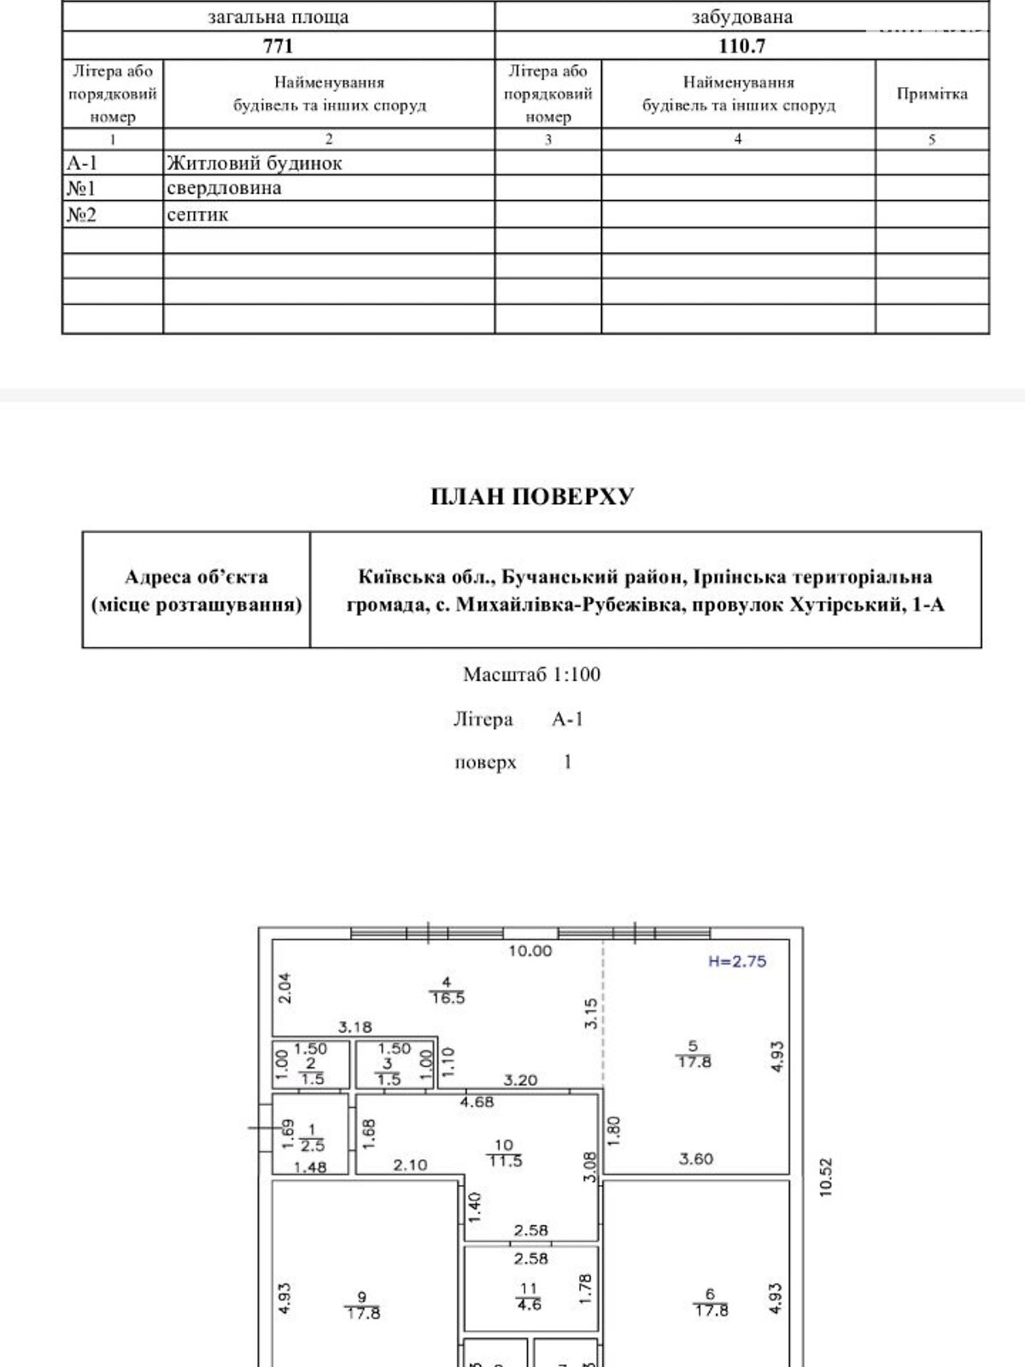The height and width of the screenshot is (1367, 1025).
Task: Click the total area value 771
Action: point(278,45)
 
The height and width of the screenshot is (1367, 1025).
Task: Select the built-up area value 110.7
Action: point(741,45)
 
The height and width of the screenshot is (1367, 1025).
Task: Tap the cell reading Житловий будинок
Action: point(254,162)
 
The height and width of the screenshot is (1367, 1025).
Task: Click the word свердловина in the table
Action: point(224,188)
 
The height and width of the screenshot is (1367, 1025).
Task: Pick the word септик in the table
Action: point(197,214)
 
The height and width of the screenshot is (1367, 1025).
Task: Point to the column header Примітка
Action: point(932,94)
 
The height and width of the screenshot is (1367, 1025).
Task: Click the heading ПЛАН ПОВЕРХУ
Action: point(532,496)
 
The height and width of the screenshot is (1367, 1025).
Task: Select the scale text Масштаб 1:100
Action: point(531,674)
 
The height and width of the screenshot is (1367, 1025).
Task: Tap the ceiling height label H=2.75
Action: point(737,961)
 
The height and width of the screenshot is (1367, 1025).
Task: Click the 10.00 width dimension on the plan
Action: point(530,950)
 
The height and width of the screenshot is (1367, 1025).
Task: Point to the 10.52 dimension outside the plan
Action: point(825,1177)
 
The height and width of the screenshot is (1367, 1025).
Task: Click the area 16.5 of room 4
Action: point(448,998)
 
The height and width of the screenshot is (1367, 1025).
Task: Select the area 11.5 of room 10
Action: point(505,1161)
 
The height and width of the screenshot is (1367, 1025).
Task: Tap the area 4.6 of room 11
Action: point(530,1305)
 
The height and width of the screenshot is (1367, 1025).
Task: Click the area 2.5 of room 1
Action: point(313,1147)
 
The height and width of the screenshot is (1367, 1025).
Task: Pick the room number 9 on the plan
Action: point(362,1297)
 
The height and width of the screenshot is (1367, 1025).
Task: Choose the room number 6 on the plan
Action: point(710,1295)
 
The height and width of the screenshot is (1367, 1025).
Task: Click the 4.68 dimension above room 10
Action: point(477,1102)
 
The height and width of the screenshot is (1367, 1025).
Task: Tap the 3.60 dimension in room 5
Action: point(696,1159)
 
